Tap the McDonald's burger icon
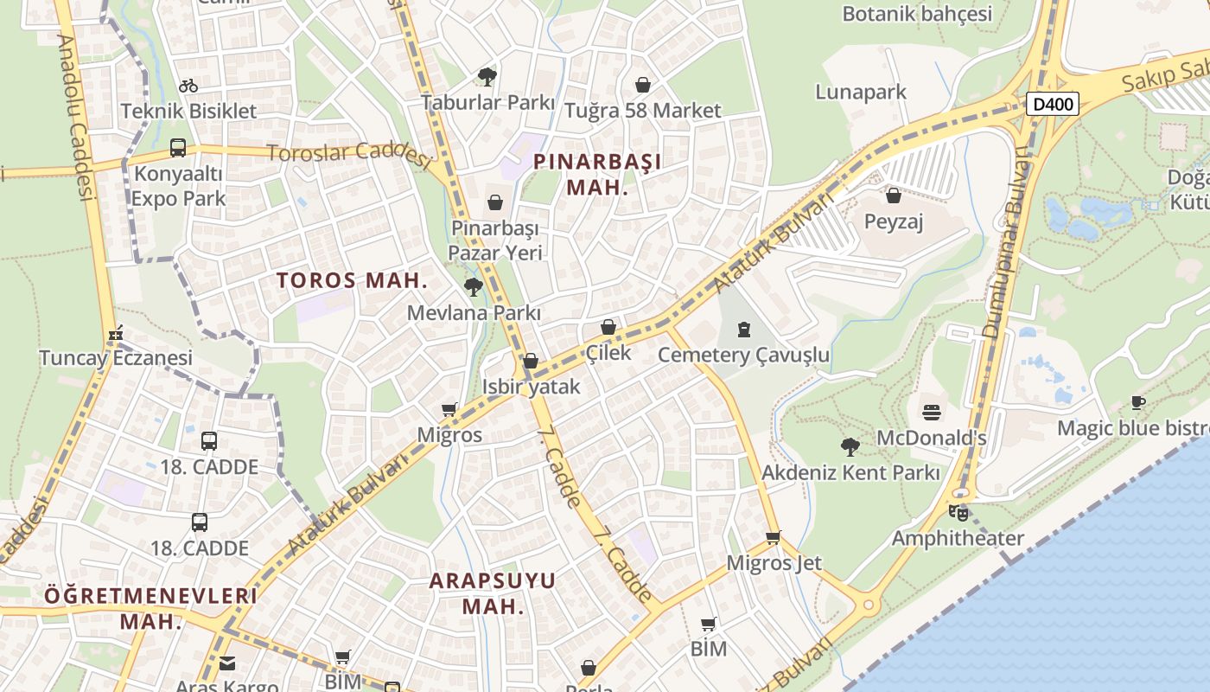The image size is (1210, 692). click(x=931, y=412)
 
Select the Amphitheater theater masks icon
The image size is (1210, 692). click(x=958, y=512)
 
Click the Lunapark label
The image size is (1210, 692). click(x=861, y=92)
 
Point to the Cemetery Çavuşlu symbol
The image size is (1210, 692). click(x=743, y=329)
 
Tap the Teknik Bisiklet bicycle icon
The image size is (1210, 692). click(x=188, y=86)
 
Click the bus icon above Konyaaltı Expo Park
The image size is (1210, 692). click(x=177, y=148)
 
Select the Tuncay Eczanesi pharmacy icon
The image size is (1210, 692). click(x=115, y=333)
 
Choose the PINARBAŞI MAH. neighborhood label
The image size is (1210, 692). click(x=597, y=174)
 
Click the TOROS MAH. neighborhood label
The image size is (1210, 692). click(x=352, y=280)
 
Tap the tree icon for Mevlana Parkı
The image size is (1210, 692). click(x=473, y=287)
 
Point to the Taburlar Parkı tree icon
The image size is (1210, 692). click(x=487, y=77)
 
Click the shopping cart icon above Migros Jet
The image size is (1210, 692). click(x=774, y=537)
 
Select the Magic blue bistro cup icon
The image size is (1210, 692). click(x=1138, y=402)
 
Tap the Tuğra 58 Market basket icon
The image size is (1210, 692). click(x=642, y=85)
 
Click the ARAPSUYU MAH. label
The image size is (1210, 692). click(x=493, y=593)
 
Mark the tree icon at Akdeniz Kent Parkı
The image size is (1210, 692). click(x=850, y=447)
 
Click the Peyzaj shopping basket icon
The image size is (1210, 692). click(x=894, y=196)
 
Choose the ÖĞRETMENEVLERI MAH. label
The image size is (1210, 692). click(x=151, y=608)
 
